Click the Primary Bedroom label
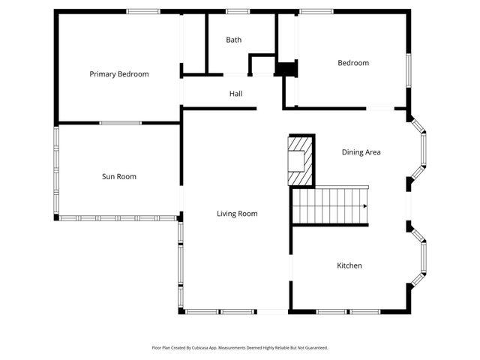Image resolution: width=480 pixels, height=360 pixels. [x=118, y=74]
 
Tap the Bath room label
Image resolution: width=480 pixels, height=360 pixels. [x=234, y=40]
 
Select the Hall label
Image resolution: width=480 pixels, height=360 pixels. [x=235, y=94]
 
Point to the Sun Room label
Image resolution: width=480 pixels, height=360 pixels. [x=118, y=177]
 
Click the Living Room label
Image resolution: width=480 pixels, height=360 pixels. [x=237, y=214]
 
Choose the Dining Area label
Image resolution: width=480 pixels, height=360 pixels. [x=361, y=152]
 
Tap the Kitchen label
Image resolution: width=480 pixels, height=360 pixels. [x=349, y=265]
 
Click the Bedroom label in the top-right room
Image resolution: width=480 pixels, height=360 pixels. [x=352, y=63]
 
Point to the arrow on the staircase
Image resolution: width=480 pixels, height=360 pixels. [x=364, y=206]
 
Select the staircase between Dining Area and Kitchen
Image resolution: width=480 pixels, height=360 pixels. [x=330, y=206]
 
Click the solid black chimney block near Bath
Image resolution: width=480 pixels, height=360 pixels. [x=286, y=69]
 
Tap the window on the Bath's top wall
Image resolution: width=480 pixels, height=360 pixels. [x=237, y=11]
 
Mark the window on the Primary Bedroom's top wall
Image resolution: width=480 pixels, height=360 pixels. [x=142, y=11]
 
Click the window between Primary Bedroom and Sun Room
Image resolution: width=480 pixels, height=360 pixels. [x=120, y=123]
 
